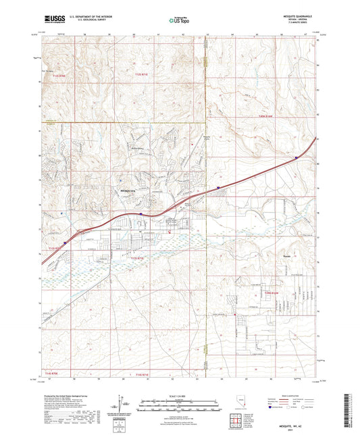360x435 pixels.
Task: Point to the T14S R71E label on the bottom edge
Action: (x=140, y=374)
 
